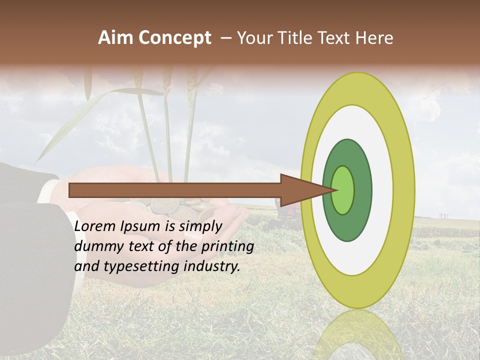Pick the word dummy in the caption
coord(97,246)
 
